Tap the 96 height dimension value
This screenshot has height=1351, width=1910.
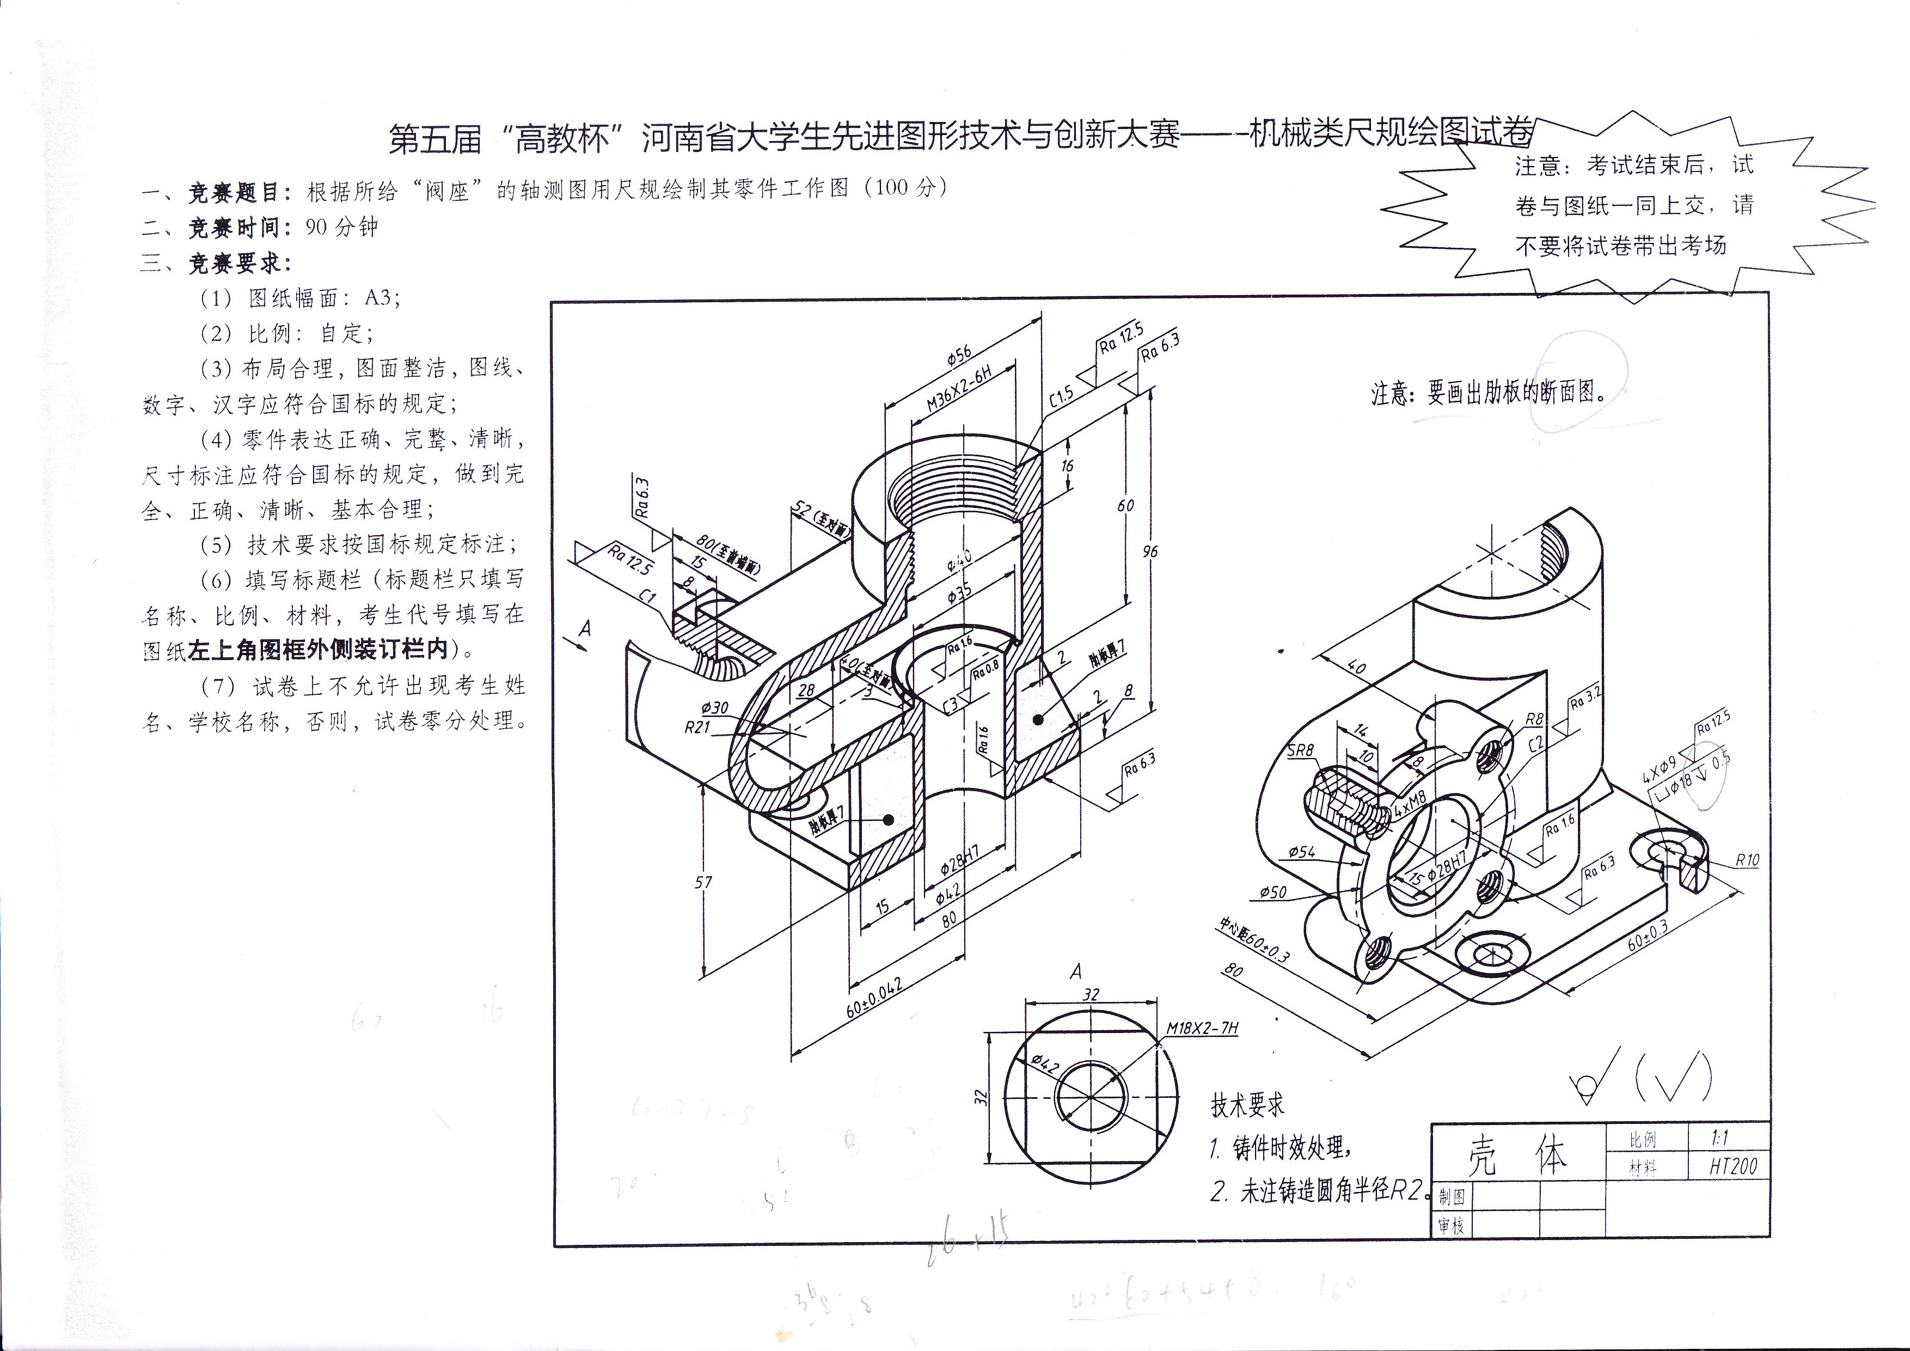[1150, 552]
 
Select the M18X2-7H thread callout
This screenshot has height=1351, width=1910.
[1202, 1028]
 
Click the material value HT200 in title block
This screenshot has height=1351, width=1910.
[1733, 1166]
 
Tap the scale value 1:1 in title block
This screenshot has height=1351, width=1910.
[1719, 1137]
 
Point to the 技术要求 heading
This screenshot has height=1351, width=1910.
[1247, 1105]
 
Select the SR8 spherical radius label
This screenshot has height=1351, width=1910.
[1300, 750]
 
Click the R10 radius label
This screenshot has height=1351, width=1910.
[1747, 860]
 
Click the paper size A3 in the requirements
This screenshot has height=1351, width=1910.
[382, 298]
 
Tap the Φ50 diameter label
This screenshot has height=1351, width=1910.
[1273, 892]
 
